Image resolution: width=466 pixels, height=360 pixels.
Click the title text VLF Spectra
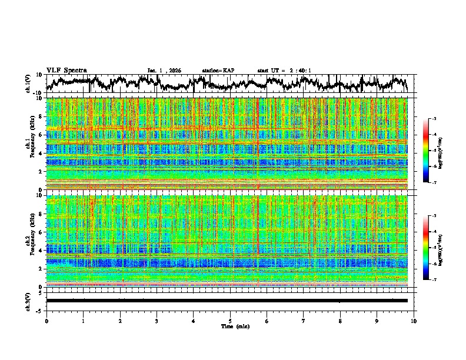point(66,70)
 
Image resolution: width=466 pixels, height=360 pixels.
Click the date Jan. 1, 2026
point(164,71)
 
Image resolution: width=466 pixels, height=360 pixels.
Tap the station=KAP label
point(218,71)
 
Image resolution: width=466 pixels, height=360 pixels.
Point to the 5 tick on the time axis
point(230,321)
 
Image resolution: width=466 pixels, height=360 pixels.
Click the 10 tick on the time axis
point(414,321)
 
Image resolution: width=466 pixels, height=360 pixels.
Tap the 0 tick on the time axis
point(46,321)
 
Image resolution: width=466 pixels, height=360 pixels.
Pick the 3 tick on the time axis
point(157,321)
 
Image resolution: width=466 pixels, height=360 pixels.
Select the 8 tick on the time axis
point(341,321)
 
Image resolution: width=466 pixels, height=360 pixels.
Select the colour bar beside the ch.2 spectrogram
point(425,248)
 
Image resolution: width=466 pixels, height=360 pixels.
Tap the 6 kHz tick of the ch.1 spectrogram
point(41,135)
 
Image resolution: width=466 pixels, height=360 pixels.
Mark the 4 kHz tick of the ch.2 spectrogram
point(41,250)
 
